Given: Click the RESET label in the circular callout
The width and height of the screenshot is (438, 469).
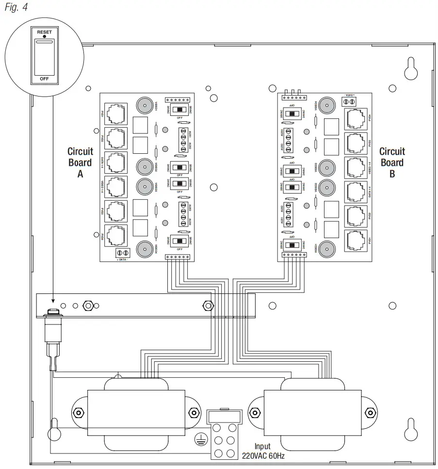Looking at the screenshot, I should (x=44, y=32).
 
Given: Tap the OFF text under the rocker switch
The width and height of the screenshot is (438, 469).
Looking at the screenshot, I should (x=44, y=78).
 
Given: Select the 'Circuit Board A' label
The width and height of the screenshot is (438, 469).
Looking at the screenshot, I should (x=80, y=162).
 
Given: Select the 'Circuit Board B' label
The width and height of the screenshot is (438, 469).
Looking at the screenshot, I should (x=392, y=162).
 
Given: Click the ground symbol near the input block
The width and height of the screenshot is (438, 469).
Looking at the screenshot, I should (x=198, y=440).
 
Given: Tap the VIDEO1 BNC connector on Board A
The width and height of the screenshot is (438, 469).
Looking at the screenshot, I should (x=144, y=105).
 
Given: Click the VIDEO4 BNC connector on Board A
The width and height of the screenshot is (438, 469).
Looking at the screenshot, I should (x=144, y=249).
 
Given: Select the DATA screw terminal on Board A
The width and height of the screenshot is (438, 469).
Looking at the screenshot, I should (x=123, y=253).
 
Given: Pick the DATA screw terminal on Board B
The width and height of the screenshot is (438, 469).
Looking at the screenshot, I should (x=349, y=101).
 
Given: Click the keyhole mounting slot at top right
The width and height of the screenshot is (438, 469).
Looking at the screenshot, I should (x=411, y=68).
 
